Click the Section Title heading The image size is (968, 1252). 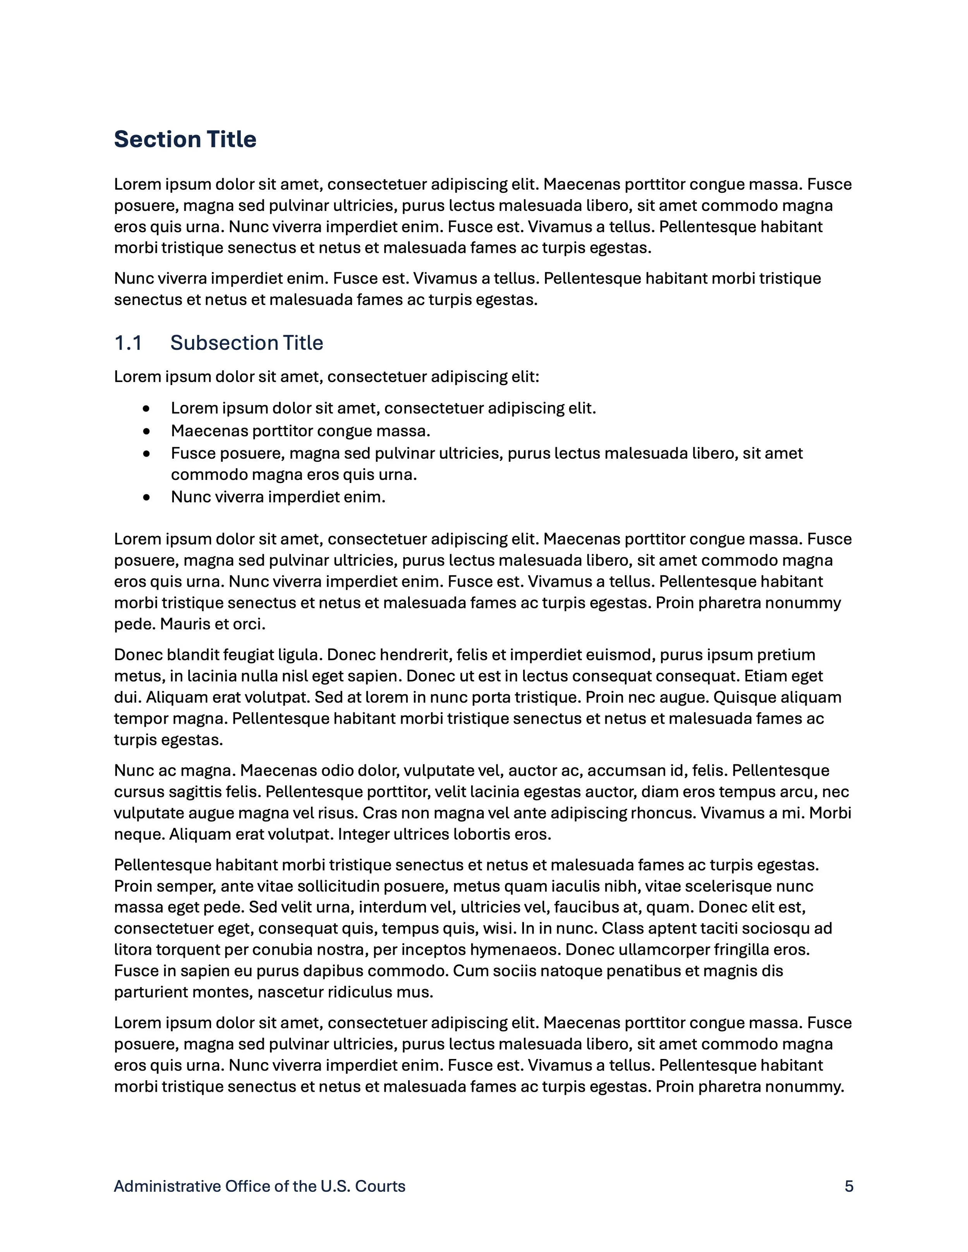185,139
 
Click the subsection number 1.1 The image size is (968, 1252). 128,343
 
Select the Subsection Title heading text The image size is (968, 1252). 247,343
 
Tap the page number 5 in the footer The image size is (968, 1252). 849,1186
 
